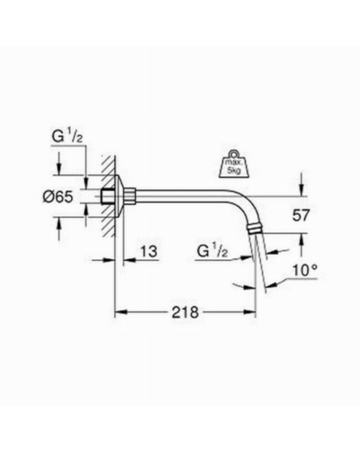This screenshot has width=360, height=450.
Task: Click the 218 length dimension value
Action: pos(185,312)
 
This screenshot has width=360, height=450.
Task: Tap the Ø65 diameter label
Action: pos(58,197)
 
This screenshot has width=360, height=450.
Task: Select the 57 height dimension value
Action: pos(301,215)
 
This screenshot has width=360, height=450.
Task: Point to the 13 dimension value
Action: pos(148,251)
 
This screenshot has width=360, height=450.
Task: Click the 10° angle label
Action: pos(304,271)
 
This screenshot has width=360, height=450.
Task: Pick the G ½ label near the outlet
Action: pos(212,251)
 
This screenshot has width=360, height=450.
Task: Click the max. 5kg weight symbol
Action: pos(235,166)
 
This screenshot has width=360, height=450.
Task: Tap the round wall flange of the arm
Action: pos(121,195)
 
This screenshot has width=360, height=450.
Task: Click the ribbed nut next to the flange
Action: pos(131,195)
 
